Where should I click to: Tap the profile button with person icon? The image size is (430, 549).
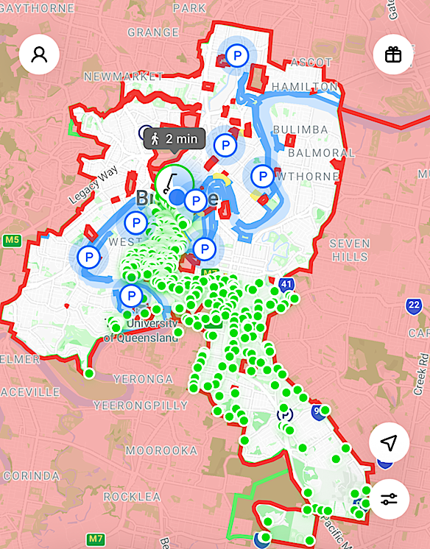[39, 54]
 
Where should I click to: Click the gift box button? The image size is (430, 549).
[392, 54]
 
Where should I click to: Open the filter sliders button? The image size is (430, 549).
[389, 500]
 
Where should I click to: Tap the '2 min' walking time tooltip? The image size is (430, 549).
[172, 138]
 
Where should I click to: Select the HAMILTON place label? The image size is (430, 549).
[304, 87]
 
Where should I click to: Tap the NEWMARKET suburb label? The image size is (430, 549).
[123, 76]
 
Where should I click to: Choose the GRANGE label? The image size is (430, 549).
[152, 32]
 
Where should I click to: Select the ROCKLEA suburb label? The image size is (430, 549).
[131, 497]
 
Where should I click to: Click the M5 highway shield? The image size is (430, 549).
[12, 240]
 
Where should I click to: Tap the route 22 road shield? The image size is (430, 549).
[414, 305]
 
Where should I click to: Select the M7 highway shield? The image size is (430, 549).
[96, 539]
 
